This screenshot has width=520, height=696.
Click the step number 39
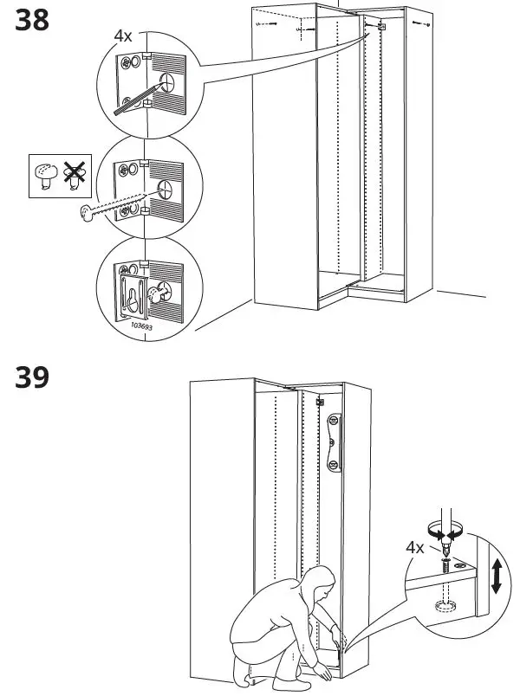pyautogui.click(x=31, y=377)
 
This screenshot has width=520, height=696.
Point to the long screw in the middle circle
pyautogui.click(x=113, y=203)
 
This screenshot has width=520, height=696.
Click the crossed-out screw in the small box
pyautogui.click(x=75, y=176)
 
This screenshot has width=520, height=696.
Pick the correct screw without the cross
pyautogui.click(x=42, y=176)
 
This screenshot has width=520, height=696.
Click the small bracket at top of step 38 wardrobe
pyautogui.click(x=380, y=29)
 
